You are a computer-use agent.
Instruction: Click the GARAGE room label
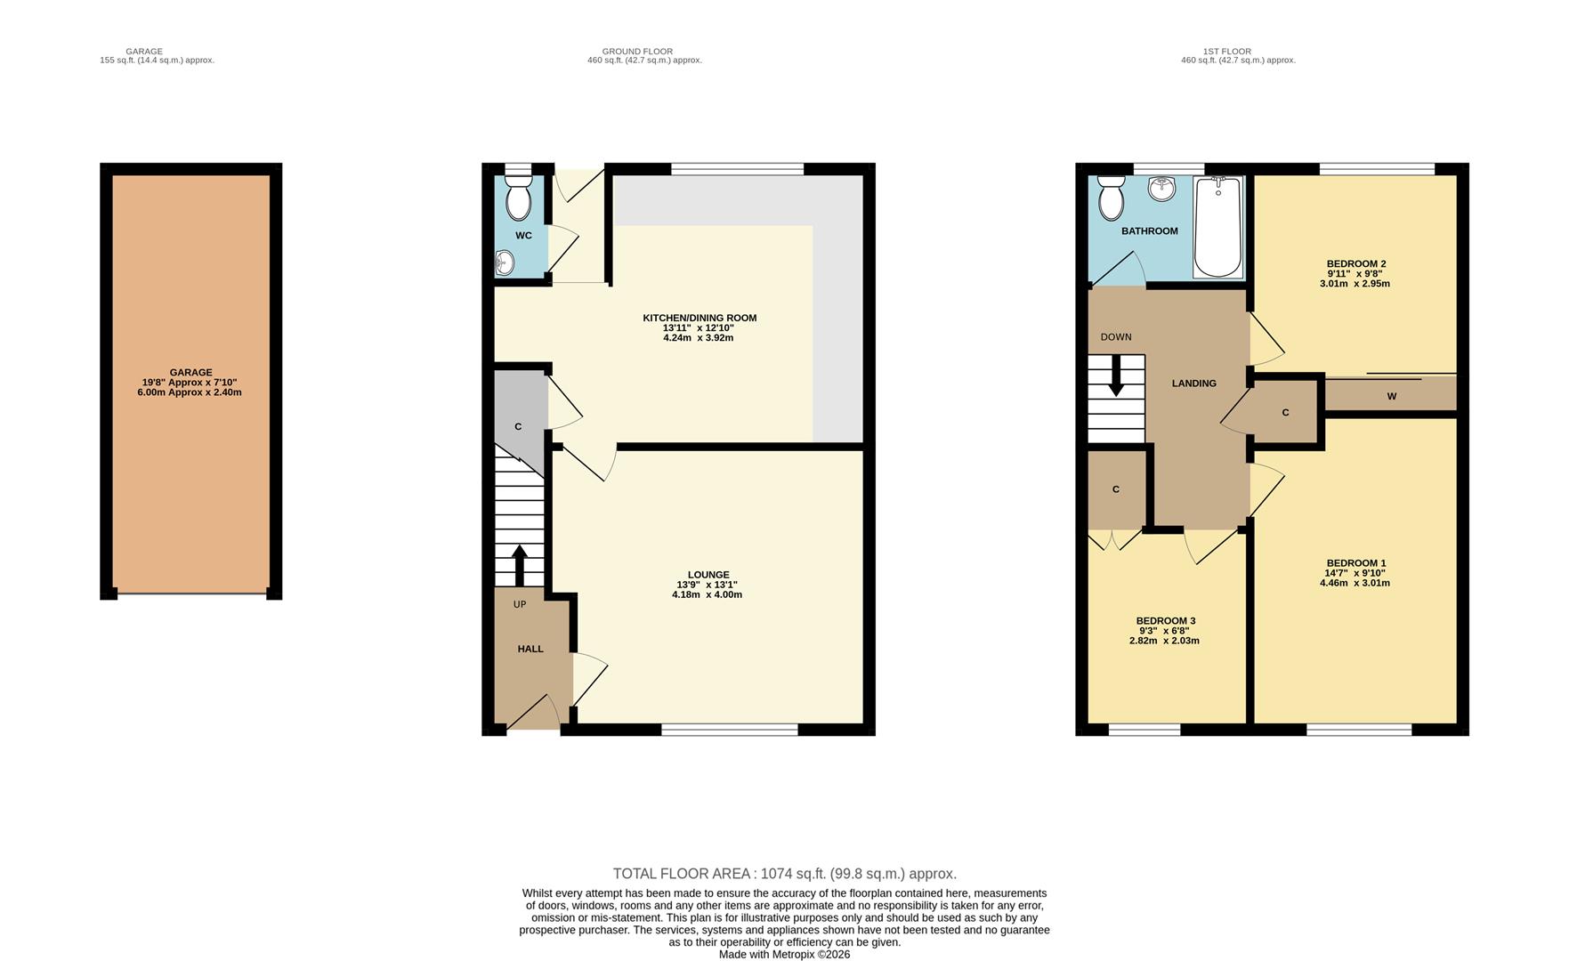pos(190,372)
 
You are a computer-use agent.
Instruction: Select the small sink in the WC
pos(505,262)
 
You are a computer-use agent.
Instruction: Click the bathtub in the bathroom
pos(1217,227)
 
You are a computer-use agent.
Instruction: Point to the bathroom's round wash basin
pos(1161,189)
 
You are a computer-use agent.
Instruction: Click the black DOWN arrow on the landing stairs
pos(1116,378)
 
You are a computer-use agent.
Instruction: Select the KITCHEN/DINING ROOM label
pos(700,318)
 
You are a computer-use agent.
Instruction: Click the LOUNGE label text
pos(708,575)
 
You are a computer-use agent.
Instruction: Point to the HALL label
pos(530,649)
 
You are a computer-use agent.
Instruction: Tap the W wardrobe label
pos(1391,396)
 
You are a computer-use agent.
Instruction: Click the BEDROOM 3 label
pos(1165,620)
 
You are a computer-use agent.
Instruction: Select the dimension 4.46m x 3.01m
pos(1355,584)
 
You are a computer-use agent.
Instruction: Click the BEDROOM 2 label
pos(1355,263)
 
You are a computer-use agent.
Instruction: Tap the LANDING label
pos(1193,384)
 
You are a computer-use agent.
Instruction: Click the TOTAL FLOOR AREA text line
pos(784,874)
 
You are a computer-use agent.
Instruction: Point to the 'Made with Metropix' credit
pos(784,954)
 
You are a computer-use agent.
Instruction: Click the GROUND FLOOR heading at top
pos(637,52)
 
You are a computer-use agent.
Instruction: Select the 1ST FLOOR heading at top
pos(1226,52)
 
